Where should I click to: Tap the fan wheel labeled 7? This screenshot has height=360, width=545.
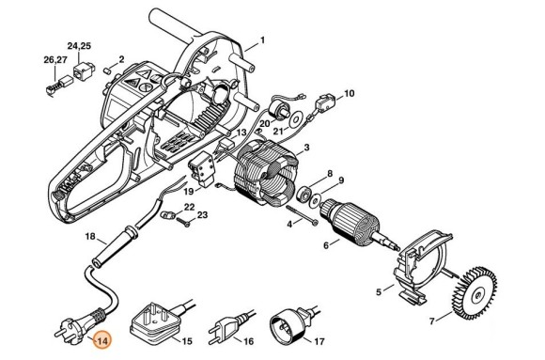click(475, 293)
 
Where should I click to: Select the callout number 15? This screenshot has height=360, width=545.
click(187, 341)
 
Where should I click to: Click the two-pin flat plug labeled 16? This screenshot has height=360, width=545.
click(228, 325)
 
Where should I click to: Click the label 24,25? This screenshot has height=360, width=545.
click(79, 46)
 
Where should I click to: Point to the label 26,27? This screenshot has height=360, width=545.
click(55, 60)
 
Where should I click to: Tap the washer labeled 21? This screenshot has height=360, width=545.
click(296, 119)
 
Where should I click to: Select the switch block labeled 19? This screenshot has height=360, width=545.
click(201, 170)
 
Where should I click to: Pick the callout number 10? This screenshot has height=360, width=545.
click(349, 94)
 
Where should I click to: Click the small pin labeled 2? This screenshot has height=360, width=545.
click(108, 70)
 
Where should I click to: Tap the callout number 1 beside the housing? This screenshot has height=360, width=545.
click(262, 40)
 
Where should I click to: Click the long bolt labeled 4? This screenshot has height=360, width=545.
click(302, 215)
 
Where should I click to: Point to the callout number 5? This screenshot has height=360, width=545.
click(379, 291)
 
